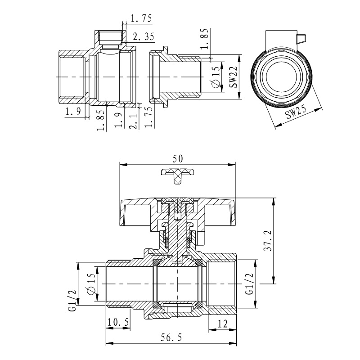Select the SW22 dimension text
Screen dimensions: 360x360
(232, 77)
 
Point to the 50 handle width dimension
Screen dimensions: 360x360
(177, 158)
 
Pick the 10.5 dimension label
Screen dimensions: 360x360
(118, 323)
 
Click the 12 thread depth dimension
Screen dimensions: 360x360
(221, 323)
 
